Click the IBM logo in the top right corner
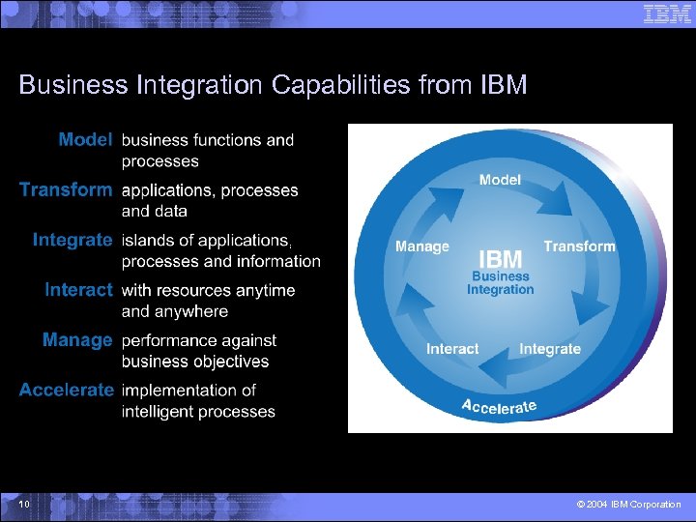[668, 14]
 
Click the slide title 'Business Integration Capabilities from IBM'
[273, 85]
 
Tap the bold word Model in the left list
[85, 140]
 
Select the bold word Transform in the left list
[66, 190]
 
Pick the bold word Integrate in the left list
[72, 240]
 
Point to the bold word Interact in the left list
[78, 290]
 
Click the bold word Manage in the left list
[77, 340]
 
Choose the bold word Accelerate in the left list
[66, 391]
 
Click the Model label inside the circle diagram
[500, 180]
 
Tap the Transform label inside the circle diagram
[579, 246]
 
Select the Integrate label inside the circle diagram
[550, 349]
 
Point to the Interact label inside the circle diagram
[452, 349]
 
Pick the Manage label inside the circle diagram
[422, 246]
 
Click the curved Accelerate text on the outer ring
[499, 406]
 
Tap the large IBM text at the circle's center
[501, 259]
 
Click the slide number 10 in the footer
[24, 505]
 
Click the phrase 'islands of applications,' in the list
[206, 240]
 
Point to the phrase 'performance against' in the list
[199, 340]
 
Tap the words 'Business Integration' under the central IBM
[501, 282]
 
